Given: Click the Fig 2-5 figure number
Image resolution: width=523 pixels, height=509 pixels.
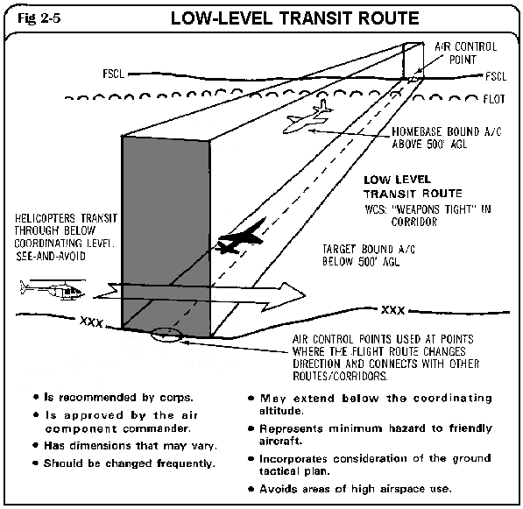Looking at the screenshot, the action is (39, 18).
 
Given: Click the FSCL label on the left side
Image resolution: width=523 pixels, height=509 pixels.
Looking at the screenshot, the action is (113, 74).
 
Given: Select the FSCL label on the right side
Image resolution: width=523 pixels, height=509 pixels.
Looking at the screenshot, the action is (496, 76).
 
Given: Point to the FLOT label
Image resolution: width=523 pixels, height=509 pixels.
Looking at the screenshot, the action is (494, 99).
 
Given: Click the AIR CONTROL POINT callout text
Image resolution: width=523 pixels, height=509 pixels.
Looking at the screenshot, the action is (466, 53).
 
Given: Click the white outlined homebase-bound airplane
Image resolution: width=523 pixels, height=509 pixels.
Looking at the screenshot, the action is (307, 117).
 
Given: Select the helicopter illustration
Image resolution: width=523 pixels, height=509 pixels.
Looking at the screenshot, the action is (53, 289).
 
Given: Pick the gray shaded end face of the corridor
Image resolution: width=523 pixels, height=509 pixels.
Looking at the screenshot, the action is (166, 237).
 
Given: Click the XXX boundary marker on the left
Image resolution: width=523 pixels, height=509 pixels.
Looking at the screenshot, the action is (91, 322).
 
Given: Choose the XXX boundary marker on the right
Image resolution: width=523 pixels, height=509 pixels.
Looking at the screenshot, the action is (393, 310).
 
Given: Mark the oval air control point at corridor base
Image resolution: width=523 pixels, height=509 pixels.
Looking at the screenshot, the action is (166, 334).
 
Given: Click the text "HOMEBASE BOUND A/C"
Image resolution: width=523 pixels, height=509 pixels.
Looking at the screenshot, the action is (446, 131).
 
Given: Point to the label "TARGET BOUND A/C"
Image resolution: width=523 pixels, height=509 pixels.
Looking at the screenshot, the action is (369, 249).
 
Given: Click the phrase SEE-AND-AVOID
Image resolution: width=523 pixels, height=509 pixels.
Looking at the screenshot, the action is (51, 256).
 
